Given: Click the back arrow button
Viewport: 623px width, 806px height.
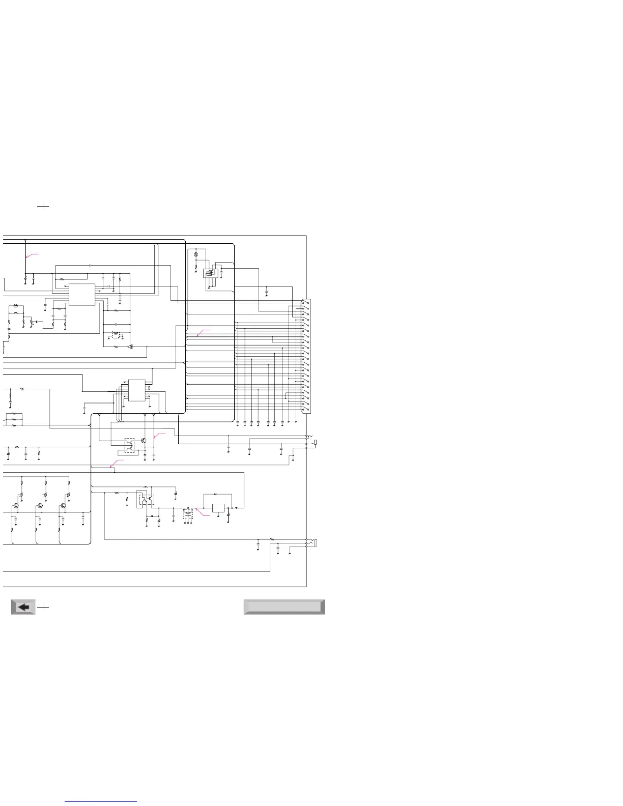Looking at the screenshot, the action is point(23,607).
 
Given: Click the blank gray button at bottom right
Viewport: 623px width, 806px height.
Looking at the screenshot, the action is point(284,607).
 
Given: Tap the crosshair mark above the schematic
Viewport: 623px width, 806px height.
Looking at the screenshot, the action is point(44,206).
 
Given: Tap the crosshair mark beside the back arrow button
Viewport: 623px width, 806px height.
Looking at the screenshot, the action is point(44,607).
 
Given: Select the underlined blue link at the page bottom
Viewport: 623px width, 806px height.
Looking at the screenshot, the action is point(101,802).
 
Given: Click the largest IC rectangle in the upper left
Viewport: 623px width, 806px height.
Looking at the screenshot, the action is point(82,295).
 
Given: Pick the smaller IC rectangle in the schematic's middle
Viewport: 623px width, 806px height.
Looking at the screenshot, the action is point(136,390).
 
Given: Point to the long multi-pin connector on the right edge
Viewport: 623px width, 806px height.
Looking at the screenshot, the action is point(306,356).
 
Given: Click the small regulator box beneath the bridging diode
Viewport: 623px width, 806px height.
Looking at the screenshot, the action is point(218,508).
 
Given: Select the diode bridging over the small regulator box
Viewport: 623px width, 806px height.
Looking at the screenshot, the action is point(216,494).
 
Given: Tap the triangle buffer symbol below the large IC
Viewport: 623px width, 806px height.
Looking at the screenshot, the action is point(130,347).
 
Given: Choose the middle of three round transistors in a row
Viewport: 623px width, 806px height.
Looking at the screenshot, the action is point(40,506).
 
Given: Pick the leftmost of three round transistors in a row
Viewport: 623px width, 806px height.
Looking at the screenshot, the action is point(16,506).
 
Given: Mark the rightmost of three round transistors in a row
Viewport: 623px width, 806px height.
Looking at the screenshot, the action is point(63,506).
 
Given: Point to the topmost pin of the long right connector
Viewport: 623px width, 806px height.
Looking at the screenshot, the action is point(304,302).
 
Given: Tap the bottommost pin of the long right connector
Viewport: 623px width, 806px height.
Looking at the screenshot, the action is point(304,410).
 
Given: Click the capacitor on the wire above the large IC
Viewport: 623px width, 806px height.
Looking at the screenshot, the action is point(90,266).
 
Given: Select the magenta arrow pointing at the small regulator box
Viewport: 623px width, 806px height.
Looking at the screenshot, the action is point(203,515).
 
